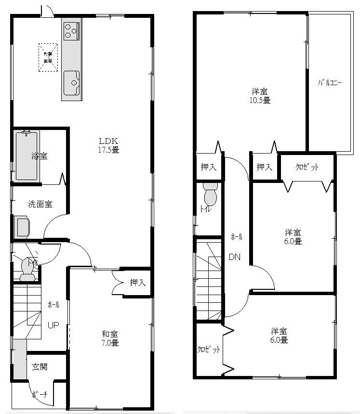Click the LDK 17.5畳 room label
click(109, 145)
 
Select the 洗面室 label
click(39, 204)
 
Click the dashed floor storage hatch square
click(48, 58)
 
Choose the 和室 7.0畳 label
click(110, 338)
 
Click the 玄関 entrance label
click(40, 367)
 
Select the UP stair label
click(53, 324)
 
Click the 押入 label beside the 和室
click(138, 283)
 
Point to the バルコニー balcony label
click(329, 83)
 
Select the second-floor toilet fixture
click(211, 195)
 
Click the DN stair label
click(235, 257)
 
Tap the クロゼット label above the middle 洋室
click(307, 167)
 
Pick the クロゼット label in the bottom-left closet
click(209, 349)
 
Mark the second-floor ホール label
click(236, 237)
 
